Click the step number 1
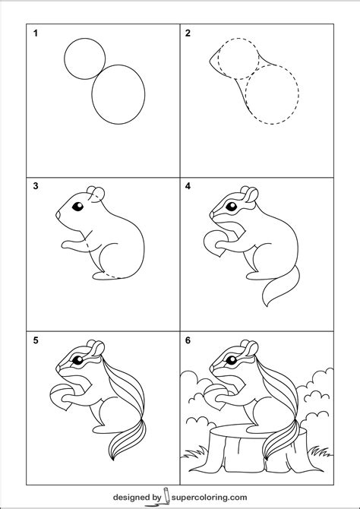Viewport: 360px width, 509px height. [34, 33]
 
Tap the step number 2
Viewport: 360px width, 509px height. [187, 33]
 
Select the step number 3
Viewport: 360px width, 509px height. [34, 185]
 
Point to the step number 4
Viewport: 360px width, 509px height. [187, 185]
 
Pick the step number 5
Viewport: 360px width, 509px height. [34, 340]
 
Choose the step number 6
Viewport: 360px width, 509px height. [187, 340]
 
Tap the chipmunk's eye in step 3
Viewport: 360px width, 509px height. [74, 206]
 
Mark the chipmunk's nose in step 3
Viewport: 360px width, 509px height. [58, 217]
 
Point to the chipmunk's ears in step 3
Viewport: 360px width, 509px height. [93, 191]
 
